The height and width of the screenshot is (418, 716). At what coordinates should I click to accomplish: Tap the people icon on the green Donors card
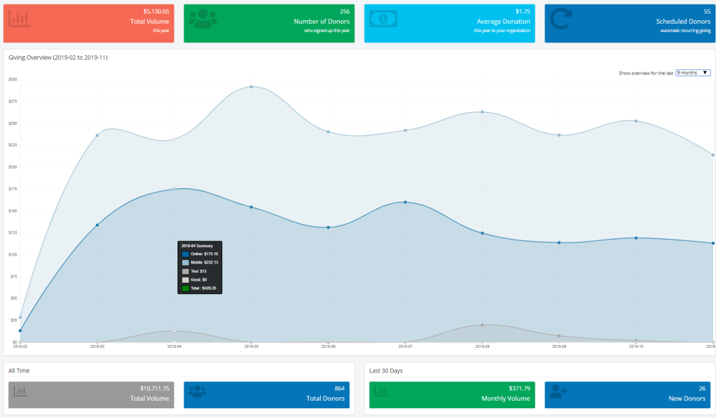(203, 19)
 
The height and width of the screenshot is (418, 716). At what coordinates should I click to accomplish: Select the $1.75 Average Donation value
(522, 12)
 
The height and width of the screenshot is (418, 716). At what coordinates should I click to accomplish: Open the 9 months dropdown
(693, 73)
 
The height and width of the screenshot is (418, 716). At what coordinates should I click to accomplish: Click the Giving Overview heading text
(57, 57)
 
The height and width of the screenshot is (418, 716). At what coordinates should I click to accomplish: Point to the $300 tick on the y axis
(13, 79)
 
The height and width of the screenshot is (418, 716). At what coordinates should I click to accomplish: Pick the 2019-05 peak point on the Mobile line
(251, 87)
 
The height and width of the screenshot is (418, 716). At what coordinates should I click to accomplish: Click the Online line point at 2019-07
(405, 202)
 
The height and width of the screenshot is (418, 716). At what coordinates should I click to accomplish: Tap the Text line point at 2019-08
(483, 325)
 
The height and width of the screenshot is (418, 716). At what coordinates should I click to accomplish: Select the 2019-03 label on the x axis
(97, 346)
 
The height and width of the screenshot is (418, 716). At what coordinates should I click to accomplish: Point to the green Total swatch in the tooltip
(186, 288)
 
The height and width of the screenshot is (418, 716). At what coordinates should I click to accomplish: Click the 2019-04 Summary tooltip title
(197, 246)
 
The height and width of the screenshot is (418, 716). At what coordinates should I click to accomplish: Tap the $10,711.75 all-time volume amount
(154, 388)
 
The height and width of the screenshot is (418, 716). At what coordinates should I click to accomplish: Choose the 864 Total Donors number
(339, 388)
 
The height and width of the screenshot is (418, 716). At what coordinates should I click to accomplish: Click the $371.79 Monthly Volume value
(516, 388)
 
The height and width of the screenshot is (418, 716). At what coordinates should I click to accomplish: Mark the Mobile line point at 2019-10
(635, 121)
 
